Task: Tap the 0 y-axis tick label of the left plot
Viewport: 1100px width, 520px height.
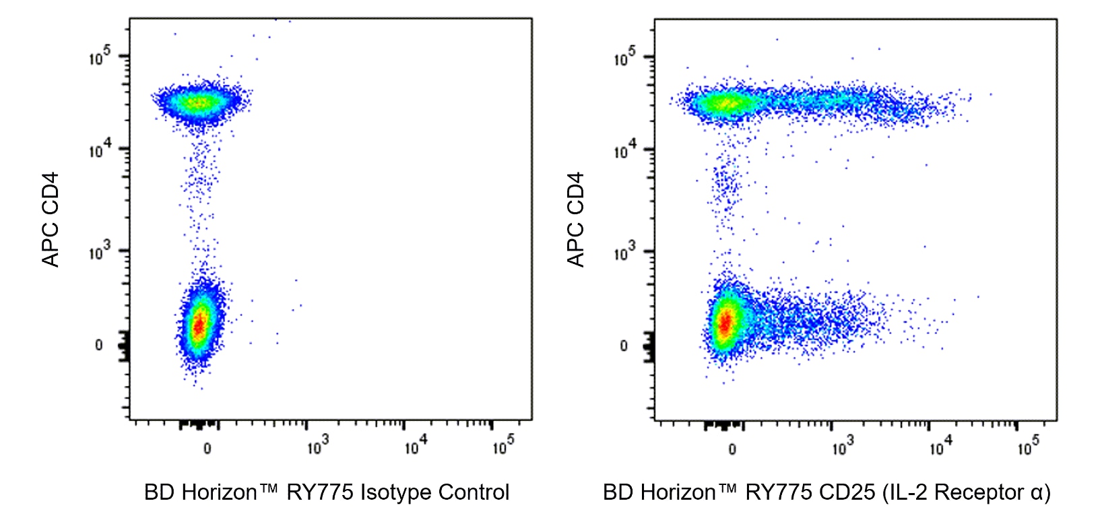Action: pos(99,346)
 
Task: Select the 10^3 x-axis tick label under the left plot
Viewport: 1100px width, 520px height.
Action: pos(317,445)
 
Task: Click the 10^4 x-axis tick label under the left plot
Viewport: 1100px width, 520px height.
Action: pos(415,445)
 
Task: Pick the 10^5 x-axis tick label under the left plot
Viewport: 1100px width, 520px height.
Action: pos(503,445)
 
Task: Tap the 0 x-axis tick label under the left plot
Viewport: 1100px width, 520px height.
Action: pos(207,449)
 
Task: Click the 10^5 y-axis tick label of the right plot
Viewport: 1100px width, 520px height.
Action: pos(624,57)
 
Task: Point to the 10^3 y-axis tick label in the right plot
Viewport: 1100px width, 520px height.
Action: pos(624,252)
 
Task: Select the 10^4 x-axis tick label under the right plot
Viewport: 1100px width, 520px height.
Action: pos(940,445)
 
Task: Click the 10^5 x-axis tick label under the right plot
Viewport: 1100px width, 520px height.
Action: pos(1028,445)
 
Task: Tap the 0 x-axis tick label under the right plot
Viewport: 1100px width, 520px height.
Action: pos(732,449)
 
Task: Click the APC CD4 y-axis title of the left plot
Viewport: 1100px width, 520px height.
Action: pos(51,220)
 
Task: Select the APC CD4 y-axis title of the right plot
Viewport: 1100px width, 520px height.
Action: pos(575,220)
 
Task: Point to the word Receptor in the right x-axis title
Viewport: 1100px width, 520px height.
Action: pos(979,492)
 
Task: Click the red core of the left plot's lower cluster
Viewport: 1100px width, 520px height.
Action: pos(199,326)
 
